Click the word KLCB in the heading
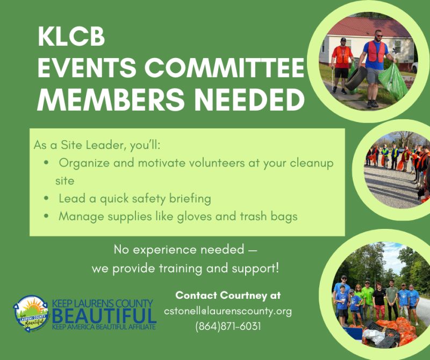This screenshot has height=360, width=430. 71,37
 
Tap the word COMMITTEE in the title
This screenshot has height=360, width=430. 225,68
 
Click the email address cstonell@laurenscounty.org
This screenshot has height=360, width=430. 228,312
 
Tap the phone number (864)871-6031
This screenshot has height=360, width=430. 228,327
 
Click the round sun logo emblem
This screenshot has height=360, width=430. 31,313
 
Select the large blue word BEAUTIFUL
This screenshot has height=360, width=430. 104,315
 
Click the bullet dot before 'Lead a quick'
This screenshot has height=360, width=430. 46,198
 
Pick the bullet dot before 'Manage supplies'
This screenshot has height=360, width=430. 46,216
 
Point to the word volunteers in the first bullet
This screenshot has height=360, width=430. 217,163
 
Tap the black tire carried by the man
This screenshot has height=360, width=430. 356,78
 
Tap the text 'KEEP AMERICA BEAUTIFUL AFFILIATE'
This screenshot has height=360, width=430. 104,327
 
